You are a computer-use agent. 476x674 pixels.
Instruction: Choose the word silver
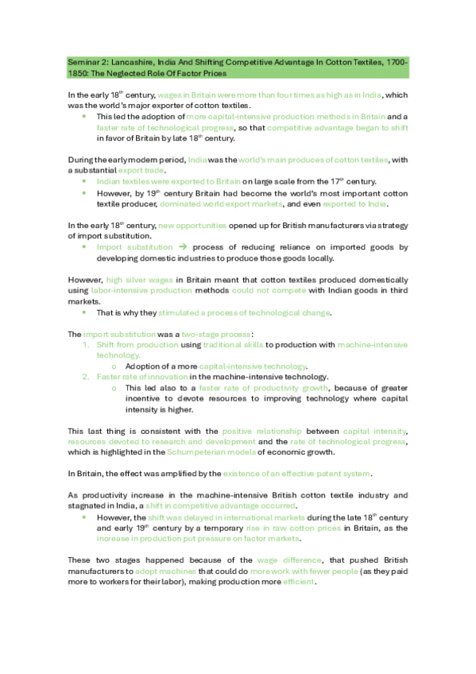click(146, 280)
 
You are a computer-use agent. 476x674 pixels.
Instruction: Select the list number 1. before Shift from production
click(87, 344)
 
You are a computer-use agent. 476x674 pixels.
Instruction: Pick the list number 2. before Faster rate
click(87, 376)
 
